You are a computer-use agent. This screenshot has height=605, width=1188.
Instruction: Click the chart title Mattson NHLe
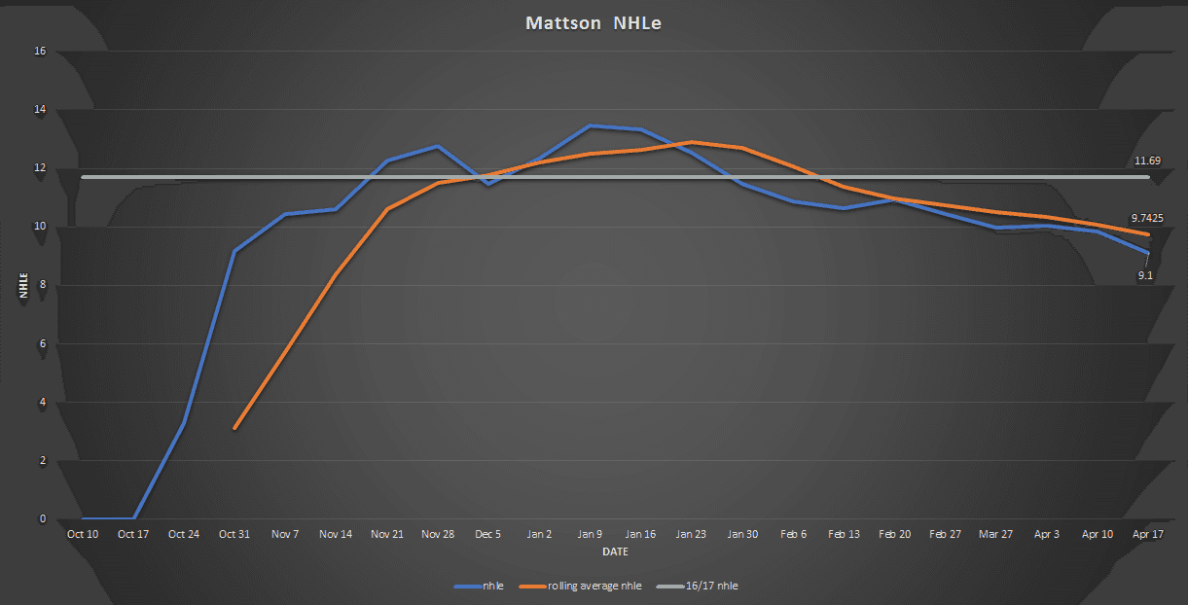click(x=594, y=23)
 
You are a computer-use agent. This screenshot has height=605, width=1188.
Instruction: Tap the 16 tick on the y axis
click(x=41, y=52)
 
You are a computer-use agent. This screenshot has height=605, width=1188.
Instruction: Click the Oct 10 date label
click(x=82, y=534)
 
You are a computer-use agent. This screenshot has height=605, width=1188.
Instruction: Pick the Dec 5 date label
click(x=487, y=534)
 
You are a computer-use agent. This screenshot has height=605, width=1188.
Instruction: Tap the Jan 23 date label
click(x=691, y=534)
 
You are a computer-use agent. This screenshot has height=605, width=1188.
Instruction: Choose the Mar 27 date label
click(x=995, y=534)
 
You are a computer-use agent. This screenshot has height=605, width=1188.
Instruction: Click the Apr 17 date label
click(x=1148, y=534)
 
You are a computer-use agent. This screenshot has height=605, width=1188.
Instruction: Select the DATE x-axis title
click(x=614, y=552)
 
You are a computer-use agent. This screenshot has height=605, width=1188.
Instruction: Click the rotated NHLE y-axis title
click(x=21, y=285)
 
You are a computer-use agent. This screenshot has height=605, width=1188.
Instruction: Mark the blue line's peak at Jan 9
click(x=590, y=126)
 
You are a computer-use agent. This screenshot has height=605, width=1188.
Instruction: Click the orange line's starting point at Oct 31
click(x=234, y=428)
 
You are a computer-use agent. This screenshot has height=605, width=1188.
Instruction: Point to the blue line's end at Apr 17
click(x=1148, y=253)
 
